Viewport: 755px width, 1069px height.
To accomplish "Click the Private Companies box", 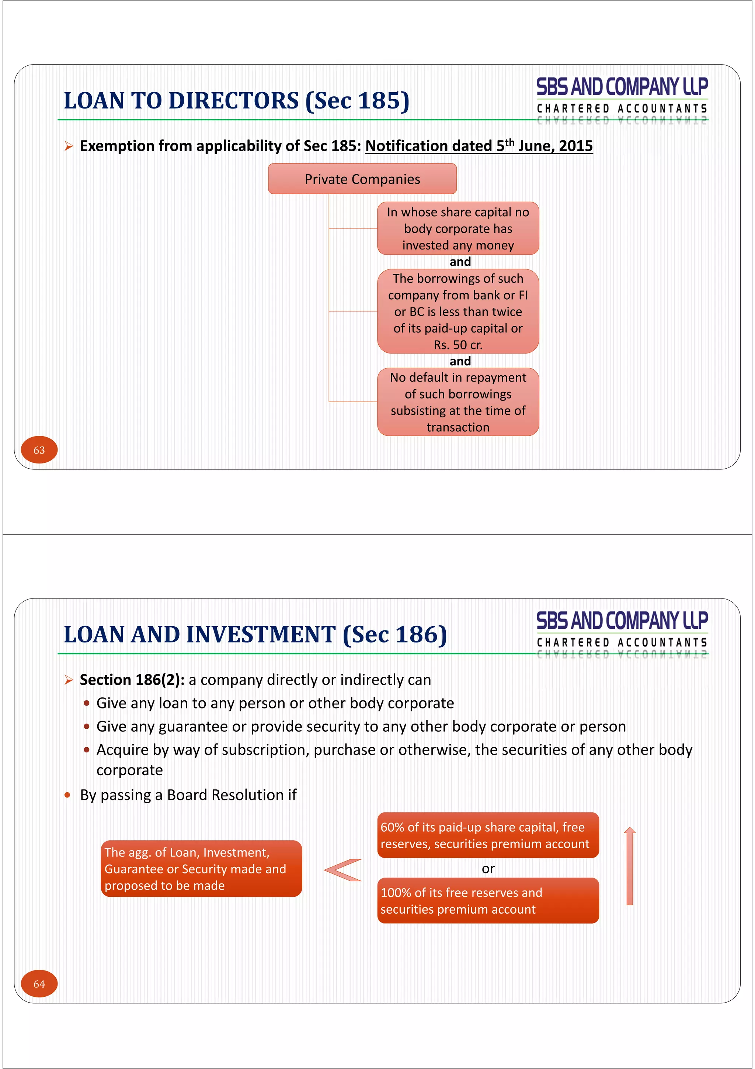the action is pos(362,179).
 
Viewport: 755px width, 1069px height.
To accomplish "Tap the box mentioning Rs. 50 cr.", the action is pos(458,311).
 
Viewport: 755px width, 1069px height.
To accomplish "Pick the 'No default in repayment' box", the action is pos(458,402).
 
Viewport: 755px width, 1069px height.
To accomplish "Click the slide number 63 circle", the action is pos(39,450).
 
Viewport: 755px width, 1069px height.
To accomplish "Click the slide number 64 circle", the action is pos(39,984).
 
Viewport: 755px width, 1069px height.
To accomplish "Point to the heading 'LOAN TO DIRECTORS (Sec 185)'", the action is pos(236,101).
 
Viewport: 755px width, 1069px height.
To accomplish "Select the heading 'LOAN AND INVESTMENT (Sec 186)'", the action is pos(255,635).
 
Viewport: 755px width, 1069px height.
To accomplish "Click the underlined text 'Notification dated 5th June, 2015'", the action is pos(479,146).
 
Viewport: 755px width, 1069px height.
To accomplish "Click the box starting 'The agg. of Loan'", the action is pos(201,869).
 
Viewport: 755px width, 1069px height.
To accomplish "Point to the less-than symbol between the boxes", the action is pos(343,870).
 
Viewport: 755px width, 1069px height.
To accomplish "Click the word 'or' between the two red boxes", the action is pos(488,868).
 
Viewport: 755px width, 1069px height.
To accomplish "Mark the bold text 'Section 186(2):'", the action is pos(132,680).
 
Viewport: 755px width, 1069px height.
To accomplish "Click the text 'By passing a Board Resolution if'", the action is pos(188,795).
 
